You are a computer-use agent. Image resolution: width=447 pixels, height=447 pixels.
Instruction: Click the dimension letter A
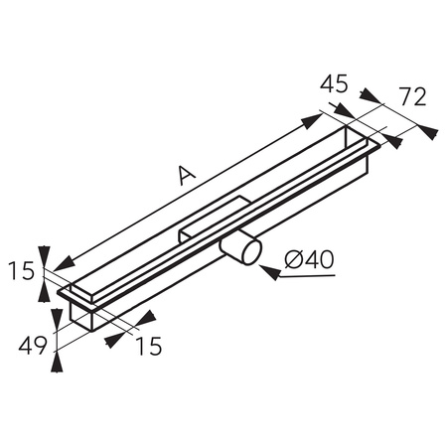tap(184, 176)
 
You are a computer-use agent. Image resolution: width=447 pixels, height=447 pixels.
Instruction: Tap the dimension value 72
tap(412, 96)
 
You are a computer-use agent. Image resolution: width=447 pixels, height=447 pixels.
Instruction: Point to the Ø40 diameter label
tap(308, 260)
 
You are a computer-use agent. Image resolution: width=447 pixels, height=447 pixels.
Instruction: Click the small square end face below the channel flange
tap(80, 317)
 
